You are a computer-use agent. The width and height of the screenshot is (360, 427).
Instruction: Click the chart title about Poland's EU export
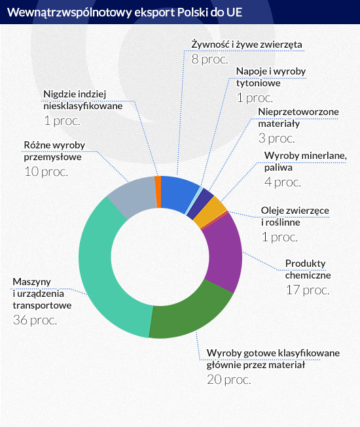click(124, 12)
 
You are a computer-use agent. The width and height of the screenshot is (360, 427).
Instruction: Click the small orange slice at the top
click(158, 192)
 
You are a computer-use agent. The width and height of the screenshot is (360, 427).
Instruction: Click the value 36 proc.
click(35, 320)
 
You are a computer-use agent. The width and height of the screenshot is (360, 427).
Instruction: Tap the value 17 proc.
click(308, 290)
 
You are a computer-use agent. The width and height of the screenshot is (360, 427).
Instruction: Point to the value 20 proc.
click(229, 379)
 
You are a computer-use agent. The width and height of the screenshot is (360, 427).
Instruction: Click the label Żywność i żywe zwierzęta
click(247, 44)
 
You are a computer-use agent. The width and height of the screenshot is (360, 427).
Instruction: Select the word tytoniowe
click(258, 83)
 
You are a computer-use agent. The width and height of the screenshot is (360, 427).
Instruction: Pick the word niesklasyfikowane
click(83, 106)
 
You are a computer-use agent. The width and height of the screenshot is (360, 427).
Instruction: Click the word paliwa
click(278, 168)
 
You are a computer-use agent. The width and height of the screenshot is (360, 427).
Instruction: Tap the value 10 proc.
click(46, 171)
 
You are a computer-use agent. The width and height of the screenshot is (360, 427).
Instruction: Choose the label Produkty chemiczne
click(308, 269)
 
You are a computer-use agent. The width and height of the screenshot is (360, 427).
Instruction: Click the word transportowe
click(42, 305)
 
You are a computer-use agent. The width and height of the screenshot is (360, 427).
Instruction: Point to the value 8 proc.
click(209, 60)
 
